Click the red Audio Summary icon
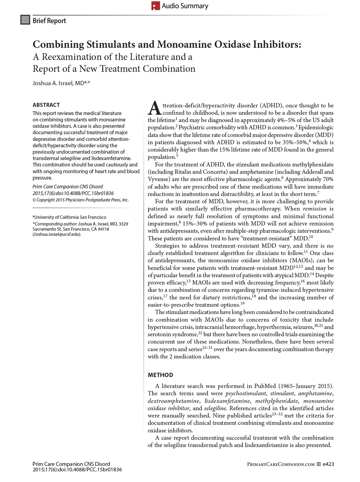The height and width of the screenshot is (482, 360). pos(156,6)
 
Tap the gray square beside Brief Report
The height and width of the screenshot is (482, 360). pos(25,20)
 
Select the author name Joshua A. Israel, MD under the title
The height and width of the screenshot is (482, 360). pos(58,83)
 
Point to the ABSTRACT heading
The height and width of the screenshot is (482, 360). pos(46,105)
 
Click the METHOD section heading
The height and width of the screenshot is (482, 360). pos(160,375)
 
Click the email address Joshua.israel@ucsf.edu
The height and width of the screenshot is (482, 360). pos(57,234)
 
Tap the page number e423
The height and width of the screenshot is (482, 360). pos(328,464)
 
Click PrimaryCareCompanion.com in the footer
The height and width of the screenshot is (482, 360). pos(281,464)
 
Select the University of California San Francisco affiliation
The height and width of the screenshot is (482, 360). pos(70,217)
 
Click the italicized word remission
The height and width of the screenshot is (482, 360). pos(314,209)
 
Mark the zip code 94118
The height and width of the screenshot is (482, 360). pos(103,229)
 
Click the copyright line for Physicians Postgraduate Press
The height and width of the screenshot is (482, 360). pos(81,200)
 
